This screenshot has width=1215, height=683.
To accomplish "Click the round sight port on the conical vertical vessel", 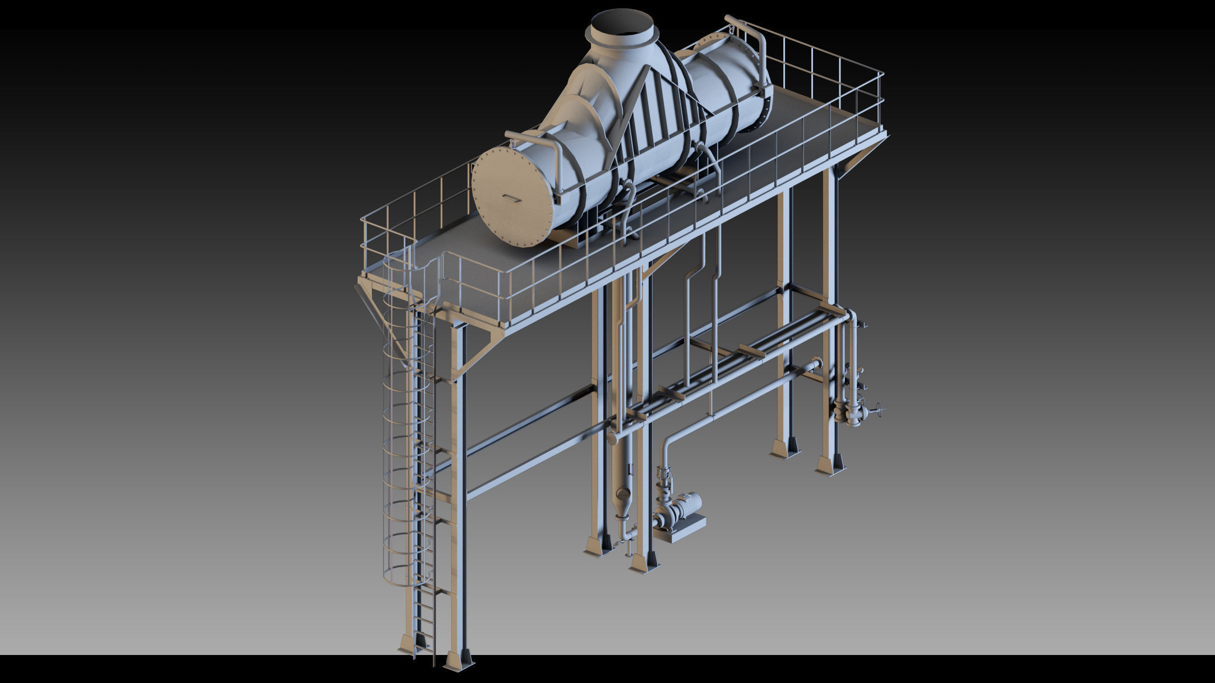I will pyautogui.click(x=622, y=494).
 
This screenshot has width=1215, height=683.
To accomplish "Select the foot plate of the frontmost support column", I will pyautogui.click(x=459, y=661).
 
